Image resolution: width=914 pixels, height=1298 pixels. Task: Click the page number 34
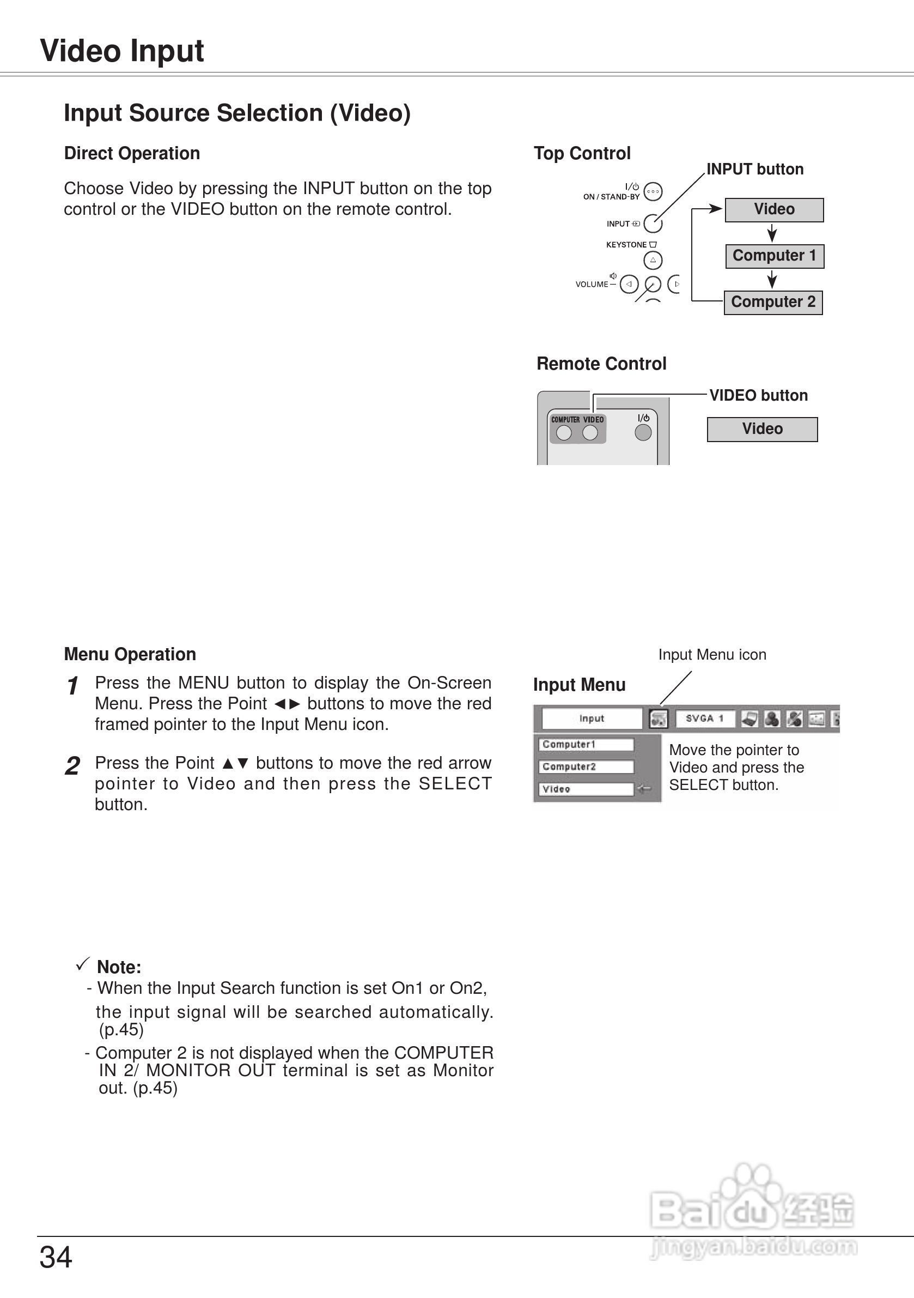click(x=56, y=1258)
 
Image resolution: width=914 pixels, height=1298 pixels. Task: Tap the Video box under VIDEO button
click(x=762, y=429)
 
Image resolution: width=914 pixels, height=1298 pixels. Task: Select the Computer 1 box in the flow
click(x=775, y=256)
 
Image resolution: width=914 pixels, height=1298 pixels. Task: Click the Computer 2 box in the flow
click(x=773, y=303)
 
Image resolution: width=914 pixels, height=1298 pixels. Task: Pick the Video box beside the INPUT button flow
click(x=774, y=210)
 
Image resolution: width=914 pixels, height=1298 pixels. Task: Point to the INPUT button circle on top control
click(x=653, y=224)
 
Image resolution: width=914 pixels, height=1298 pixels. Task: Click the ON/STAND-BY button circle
click(x=653, y=192)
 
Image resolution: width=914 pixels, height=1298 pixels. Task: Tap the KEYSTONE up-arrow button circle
click(x=653, y=260)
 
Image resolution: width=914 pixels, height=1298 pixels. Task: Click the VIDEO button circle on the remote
click(x=590, y=433)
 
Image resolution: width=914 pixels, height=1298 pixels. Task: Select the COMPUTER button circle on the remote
click(x=564, y=433)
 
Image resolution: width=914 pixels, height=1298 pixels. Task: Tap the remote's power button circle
click(x=643, y=432)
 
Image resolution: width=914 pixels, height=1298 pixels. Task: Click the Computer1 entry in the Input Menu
click(x=586, y=745)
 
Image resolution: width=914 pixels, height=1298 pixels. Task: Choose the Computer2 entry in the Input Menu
click(x=586, y=766)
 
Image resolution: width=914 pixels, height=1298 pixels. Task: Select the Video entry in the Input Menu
click(x=586, y=789)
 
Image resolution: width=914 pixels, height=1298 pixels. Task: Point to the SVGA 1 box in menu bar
click(x=705, y=719)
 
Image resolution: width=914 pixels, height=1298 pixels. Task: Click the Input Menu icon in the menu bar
click(x=658, y=719)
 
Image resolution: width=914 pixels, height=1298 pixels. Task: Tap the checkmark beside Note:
click(x=82, y=964)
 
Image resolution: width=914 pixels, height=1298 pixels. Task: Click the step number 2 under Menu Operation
click(x=72, y=766)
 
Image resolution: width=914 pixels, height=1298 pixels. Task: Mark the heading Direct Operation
click(x=132, y=153)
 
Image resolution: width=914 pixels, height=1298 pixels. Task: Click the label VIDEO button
click(x=758, y=395)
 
